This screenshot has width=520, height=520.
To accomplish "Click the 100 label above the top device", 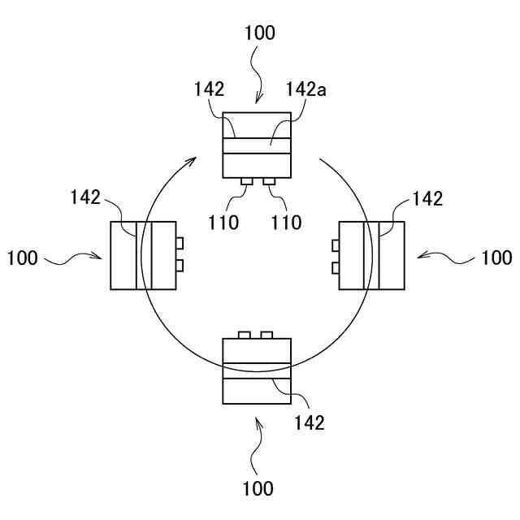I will pos(259,33).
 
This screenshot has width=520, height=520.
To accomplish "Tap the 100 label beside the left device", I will pos(22,258).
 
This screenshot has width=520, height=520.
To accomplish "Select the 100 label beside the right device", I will pos(496,258).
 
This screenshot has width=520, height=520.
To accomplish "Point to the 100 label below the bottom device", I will pos(258,488).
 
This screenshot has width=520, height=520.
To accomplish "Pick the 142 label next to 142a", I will pos(209,90).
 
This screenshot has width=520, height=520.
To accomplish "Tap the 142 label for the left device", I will pos(85,197).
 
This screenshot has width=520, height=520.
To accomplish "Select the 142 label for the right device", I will pos(428,198).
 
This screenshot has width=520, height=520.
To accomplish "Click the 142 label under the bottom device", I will pos(309,422).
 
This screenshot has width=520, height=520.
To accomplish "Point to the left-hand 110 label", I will pos(223,222).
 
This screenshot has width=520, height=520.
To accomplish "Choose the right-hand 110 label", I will pos(286,222).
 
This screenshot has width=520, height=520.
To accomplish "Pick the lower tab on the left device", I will pos(180,266).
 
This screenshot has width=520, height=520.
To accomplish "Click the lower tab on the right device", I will pos(335,267).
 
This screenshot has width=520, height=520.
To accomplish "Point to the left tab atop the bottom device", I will pos(245,335).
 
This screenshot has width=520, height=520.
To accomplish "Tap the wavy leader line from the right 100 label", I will pos(447,257).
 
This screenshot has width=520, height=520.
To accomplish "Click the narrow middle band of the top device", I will pos(257,146).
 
